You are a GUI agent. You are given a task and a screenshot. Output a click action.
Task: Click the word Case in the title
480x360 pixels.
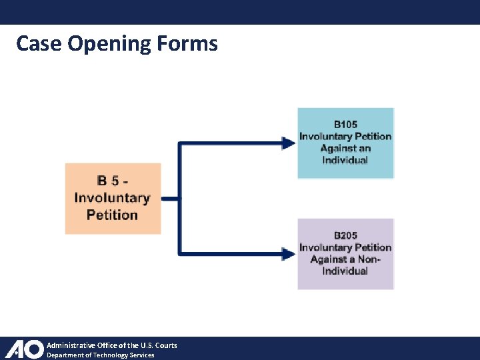39,44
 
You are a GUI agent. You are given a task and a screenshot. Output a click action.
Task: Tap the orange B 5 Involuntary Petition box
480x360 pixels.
113,198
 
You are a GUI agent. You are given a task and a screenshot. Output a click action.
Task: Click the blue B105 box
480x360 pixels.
345,143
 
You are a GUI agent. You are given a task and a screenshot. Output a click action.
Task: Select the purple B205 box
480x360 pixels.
345,253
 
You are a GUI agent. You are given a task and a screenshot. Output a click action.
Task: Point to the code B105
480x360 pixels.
345,125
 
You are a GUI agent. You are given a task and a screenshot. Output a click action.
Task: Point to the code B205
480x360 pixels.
345,235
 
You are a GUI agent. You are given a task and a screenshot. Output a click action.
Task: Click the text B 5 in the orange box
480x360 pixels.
112,181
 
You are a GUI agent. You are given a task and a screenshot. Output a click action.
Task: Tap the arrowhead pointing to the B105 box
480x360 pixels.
289,142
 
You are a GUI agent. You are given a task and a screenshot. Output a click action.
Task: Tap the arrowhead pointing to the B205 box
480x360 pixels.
289,253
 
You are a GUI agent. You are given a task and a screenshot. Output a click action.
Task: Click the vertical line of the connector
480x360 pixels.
179,198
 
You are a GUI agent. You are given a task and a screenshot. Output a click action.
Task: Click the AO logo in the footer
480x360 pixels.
24,349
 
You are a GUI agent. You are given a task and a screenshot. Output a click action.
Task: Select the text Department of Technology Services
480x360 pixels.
100,355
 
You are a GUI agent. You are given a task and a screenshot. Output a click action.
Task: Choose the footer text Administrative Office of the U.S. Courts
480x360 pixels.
111,345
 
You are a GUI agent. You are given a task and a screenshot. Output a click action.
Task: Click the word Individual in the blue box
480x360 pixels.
345,160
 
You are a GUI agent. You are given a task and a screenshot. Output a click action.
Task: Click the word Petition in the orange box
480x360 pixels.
112,215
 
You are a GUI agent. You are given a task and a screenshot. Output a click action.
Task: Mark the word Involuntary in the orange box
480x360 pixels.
112,198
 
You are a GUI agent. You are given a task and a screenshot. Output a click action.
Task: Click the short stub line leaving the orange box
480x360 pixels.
170,198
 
